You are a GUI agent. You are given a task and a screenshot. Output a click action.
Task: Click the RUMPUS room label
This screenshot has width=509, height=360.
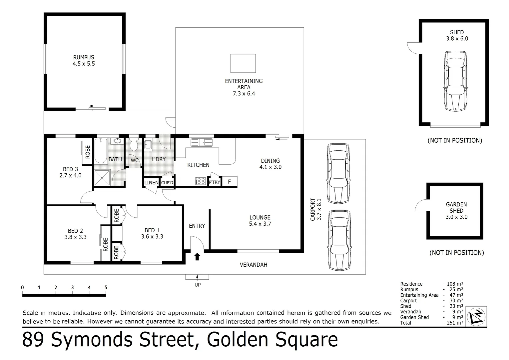point(84,57)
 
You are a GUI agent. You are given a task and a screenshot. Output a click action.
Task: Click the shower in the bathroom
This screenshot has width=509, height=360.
point(102,178)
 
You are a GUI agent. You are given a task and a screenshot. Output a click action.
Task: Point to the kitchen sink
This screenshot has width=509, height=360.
point(201,143)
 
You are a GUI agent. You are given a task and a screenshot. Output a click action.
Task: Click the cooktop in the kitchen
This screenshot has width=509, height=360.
point(201,181)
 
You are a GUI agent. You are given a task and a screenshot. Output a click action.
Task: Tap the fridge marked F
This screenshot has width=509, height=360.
point(229,182)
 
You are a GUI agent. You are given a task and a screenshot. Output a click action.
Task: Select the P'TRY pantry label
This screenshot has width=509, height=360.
point(214,182)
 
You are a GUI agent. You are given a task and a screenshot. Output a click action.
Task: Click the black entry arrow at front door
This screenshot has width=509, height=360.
point(197,256)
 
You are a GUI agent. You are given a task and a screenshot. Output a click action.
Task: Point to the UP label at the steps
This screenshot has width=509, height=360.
point(198,285)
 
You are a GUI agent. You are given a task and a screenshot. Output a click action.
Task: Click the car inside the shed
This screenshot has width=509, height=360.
point(455,81)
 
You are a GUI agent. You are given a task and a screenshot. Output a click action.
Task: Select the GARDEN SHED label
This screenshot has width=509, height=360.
point(456,207)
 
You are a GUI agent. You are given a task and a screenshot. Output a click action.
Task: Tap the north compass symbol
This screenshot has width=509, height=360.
point(477,316)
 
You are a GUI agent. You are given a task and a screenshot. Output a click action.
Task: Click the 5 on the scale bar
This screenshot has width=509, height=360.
point(106,288)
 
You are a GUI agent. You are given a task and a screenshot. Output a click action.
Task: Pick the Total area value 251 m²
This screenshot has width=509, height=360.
point(455,323)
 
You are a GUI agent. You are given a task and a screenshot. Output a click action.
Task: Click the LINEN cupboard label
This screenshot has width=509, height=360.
point(151,183)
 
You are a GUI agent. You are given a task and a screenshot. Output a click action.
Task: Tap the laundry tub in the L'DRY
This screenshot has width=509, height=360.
point(148,146)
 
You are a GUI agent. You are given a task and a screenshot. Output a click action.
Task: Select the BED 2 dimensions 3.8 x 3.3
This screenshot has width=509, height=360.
point(75,237)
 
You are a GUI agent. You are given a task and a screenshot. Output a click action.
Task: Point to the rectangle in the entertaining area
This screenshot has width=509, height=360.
point(243,63)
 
